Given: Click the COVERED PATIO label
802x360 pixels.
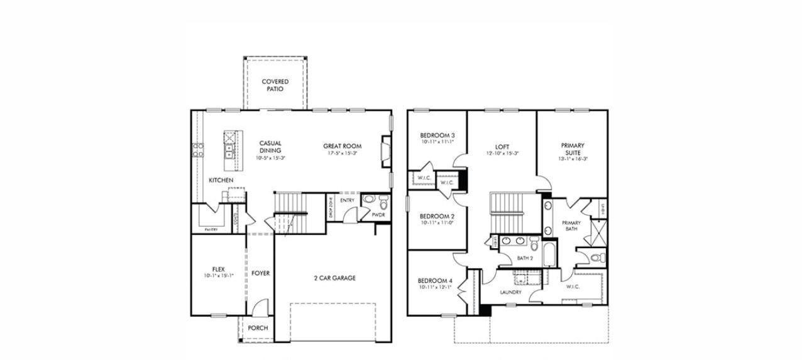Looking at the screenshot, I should (x=275, y=85).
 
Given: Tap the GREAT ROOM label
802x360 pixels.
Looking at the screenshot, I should (x=343, y=146).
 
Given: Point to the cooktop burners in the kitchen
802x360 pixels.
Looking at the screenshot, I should (x=198, y=150).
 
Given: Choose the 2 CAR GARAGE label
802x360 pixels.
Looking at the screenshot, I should (x=334, y=278).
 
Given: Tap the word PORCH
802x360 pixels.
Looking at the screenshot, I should (x=258, y=328).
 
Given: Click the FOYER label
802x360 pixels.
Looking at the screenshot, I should (x=260, y=273).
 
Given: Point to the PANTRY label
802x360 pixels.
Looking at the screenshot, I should (x=211, y=230).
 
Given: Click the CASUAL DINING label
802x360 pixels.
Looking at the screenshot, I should (x=270, y=147).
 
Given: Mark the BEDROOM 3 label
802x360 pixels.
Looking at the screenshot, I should (x=437, y=136).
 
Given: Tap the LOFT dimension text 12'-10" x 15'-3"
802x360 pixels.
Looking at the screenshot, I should (x=502, y=153).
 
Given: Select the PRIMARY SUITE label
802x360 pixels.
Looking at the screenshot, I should (x=573, y=149).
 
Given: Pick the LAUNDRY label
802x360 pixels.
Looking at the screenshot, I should (x=511, y=292).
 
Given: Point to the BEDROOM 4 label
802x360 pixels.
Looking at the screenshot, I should (x=435, y=280).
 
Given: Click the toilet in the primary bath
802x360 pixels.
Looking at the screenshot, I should (x=600, y=257).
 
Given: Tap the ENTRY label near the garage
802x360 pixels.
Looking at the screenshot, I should (x=347, y=200).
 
